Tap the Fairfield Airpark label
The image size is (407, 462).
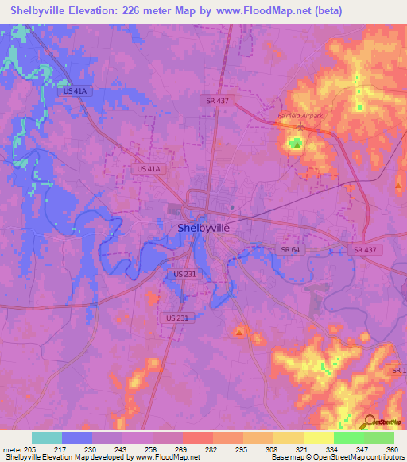(300, 116)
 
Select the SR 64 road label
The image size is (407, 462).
(289, 250)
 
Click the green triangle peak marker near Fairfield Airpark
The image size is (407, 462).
(296, 144)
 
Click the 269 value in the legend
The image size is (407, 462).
(182, 449)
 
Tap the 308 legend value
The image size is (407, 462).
(272, 449)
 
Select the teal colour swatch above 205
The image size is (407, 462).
(47, 437)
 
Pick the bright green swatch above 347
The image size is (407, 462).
(348, 437)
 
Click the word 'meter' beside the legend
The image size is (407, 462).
(12, 449)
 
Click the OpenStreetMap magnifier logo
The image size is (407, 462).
(370, 422)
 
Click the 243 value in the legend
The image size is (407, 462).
(122, 449)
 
